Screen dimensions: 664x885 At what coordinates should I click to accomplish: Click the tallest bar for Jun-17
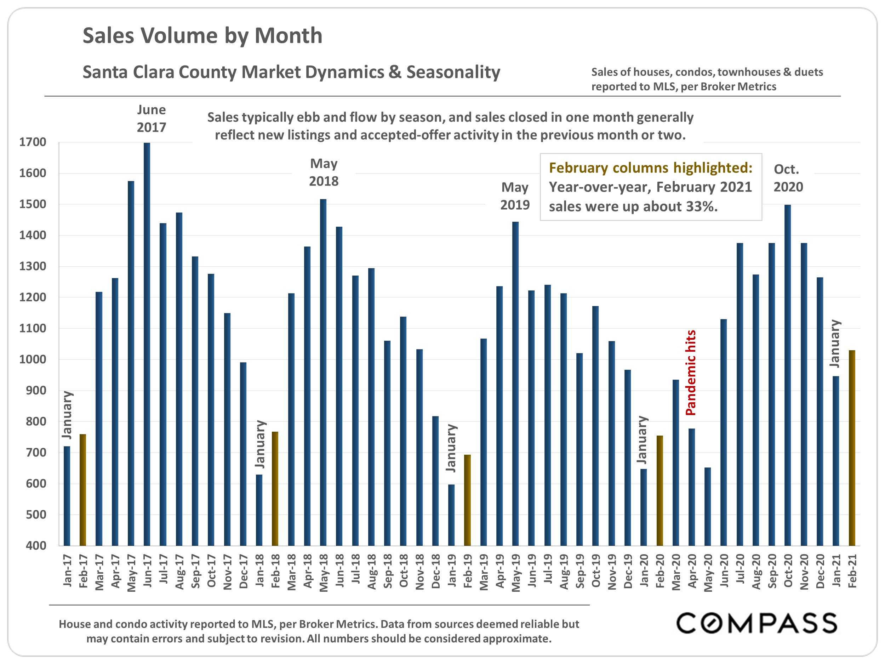tap(147, 344)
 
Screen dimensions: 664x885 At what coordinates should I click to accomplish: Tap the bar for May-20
tap(707, 506)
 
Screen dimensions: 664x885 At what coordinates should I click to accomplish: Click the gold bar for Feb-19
tap(467, 500)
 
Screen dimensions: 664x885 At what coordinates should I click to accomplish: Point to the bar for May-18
tap(323, 372)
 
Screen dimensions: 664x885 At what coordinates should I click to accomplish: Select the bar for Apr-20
tap(691, 487)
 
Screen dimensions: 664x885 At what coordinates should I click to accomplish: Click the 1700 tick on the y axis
tap(33, 142)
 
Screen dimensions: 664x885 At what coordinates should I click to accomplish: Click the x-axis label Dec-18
tap(436, 571)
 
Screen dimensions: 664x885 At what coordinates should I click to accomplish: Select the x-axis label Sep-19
tap(580, 571)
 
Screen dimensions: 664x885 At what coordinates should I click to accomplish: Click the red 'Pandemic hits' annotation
tap(691, 373)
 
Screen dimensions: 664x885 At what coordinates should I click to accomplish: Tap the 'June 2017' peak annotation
tap(151, 119)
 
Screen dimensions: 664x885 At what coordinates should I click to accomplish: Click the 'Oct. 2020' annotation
tap(788, 178)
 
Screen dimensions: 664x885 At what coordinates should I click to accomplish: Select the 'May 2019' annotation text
tap(515, 196)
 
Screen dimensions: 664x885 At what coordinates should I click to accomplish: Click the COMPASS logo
tap(756, 623)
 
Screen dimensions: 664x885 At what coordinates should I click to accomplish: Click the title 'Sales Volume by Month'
tap(202, 36)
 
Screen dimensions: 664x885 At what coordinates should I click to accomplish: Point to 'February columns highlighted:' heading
tap(651, 168)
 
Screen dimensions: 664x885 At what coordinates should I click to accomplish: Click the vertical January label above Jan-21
tap(835, 344)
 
